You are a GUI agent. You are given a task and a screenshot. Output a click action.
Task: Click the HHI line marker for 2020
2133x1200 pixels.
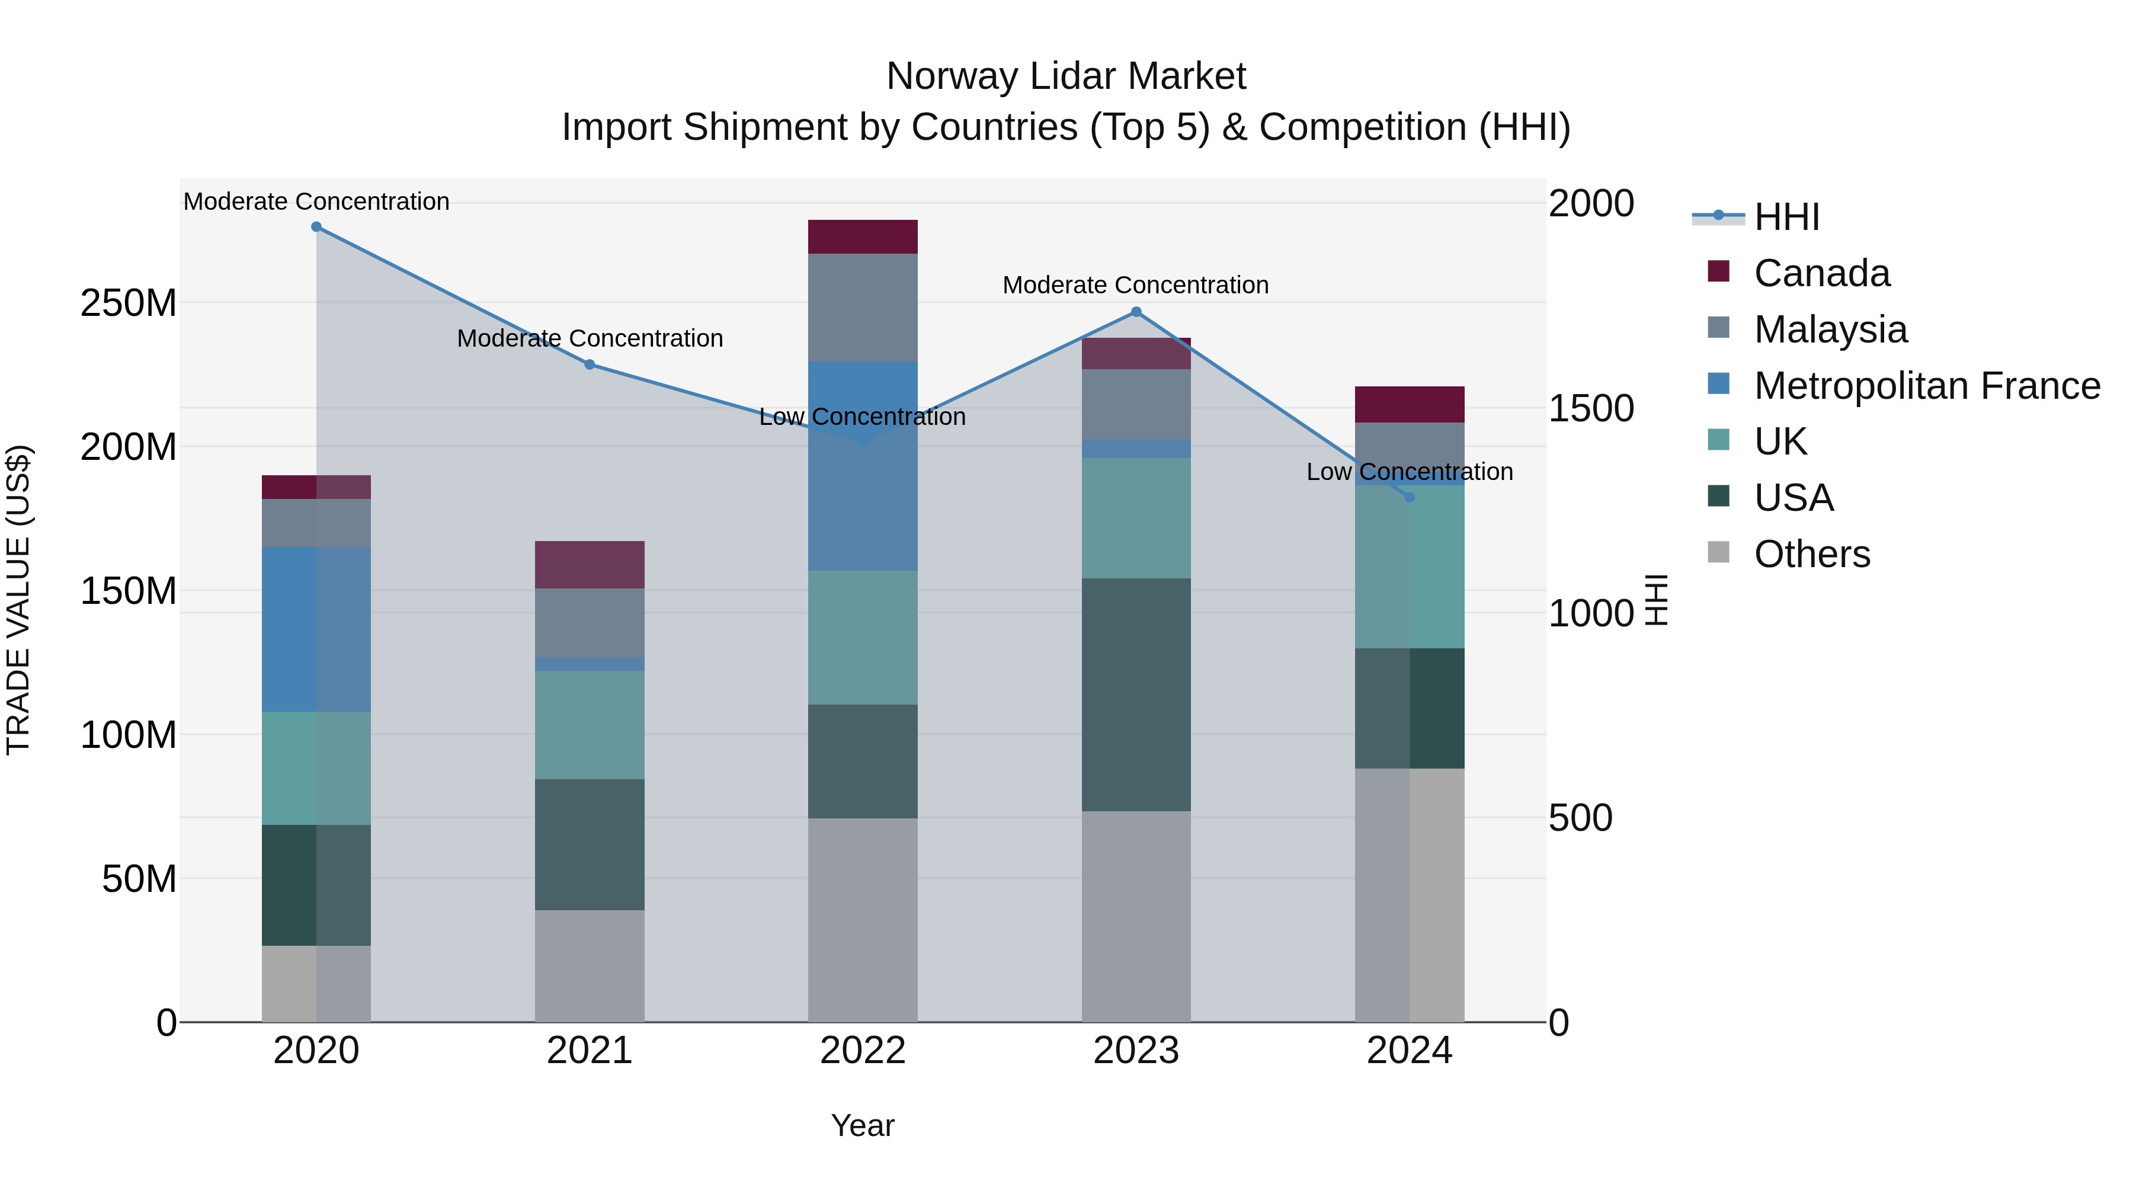316,227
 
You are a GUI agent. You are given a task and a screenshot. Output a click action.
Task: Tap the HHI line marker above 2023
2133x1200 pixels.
1136,312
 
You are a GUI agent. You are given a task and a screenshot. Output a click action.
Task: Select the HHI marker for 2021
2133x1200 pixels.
590,364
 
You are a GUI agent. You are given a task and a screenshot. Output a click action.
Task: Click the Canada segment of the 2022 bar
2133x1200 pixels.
862,237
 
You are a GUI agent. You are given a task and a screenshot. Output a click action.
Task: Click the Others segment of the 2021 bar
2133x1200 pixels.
589,966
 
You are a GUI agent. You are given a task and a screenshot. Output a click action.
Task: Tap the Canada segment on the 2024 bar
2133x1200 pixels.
1410,404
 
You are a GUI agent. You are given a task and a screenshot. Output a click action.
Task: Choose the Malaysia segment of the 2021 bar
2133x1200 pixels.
589,623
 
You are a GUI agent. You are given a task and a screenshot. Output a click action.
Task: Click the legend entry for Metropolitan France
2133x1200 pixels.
1926,386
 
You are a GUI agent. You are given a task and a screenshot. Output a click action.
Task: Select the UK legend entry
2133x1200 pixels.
1780,441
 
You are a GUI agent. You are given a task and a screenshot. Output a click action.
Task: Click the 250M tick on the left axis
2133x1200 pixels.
129,303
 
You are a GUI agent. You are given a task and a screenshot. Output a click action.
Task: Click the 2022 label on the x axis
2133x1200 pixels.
862,1051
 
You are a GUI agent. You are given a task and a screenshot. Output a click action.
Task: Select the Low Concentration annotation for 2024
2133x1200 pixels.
1410,472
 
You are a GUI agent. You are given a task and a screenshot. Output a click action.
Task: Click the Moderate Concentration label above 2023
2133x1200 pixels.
1135,285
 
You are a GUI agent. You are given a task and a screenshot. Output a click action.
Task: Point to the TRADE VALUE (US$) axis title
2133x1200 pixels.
19,600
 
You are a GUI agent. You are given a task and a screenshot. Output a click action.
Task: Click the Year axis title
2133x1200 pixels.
862,1125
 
